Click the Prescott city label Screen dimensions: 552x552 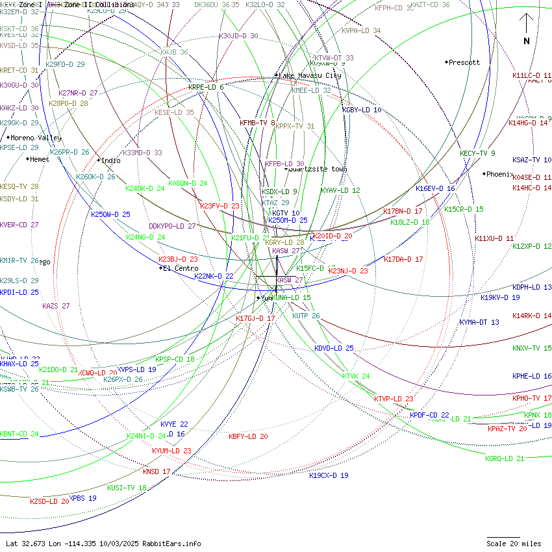point(464,62)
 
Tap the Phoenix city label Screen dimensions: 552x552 point(500,174)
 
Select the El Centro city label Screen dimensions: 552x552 point(181,268)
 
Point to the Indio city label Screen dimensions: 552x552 point(110,160)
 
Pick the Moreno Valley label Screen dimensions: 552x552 point(36,138)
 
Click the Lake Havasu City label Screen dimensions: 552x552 point(310,75)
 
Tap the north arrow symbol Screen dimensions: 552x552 point(527,29)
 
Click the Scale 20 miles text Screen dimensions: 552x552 point(514,544)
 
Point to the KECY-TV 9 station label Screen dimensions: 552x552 point(477,153)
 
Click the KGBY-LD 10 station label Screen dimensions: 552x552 point(362,110)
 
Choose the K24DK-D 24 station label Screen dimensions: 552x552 point(145,188)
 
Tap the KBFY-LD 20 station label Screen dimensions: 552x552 point(248,436)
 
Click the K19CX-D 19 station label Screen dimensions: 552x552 point(329,475)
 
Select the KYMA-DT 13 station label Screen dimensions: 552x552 point(479,322)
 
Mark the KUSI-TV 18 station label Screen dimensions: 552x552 point(127,488)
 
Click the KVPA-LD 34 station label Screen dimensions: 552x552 point(361,31)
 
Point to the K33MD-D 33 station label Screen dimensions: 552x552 point(142,153)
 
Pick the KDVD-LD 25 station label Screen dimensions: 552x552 point(334,348)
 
